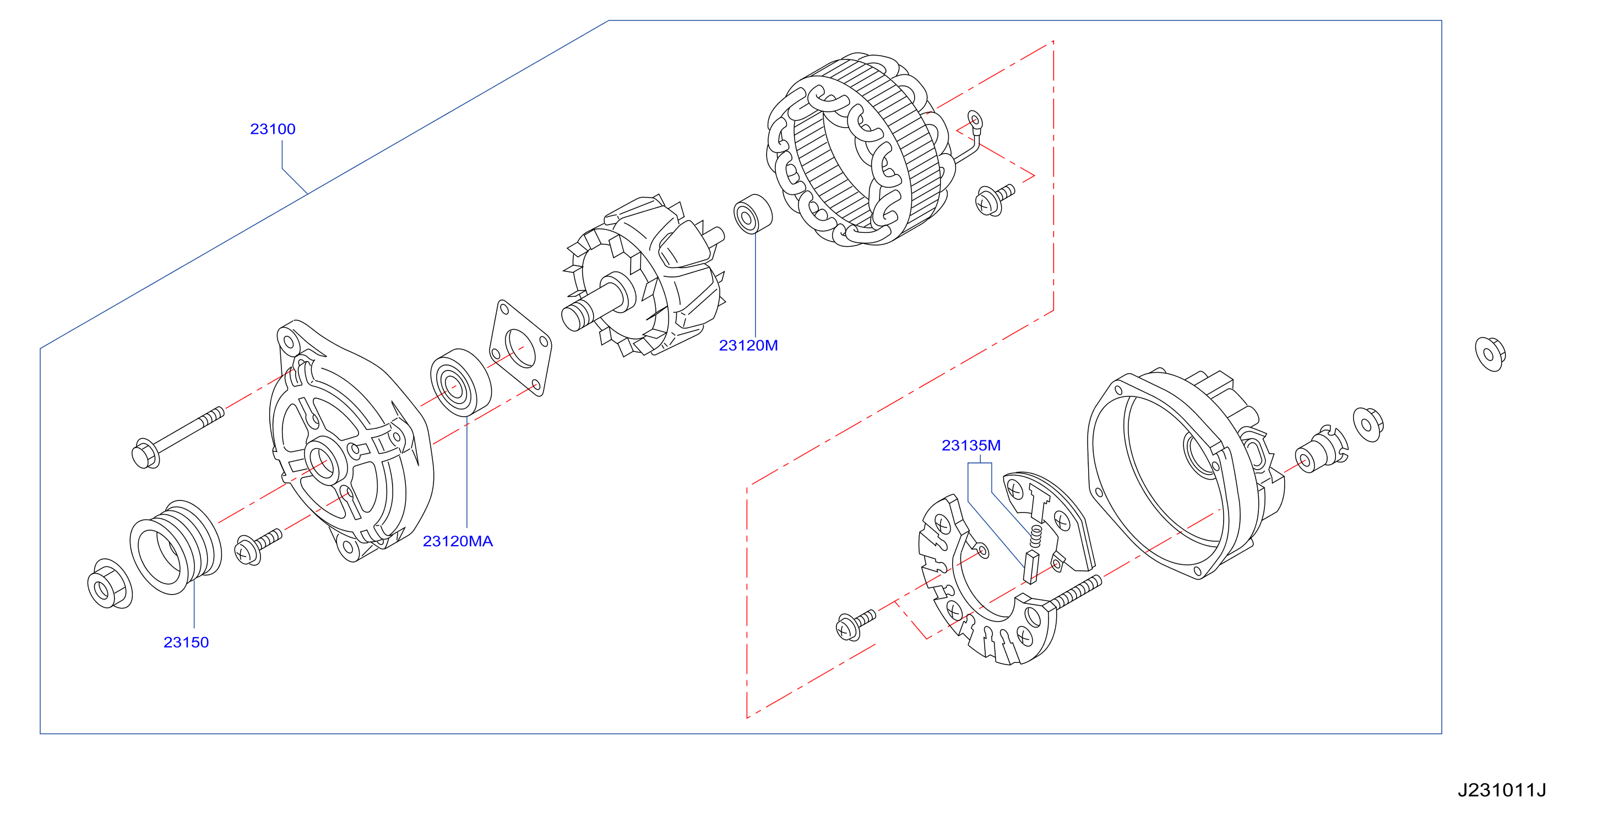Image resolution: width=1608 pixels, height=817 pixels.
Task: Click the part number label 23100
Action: [273, 129]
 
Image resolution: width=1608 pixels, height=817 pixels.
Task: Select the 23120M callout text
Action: [748, 346]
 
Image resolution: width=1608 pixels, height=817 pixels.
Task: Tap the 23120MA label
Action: [458, 542]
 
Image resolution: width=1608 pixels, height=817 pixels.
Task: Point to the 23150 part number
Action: [186, 643]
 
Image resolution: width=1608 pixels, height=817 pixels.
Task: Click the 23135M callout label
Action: [971, 445]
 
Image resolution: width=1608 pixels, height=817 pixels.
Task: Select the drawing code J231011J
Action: [1502, 791]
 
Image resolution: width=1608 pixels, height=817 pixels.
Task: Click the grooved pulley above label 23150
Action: [176, 547]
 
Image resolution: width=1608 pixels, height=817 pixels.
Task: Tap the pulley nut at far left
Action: [110, 584]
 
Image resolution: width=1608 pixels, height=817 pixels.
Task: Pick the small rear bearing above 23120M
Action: [753, 214]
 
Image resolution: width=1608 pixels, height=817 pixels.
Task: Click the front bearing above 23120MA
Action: [461, 383]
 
